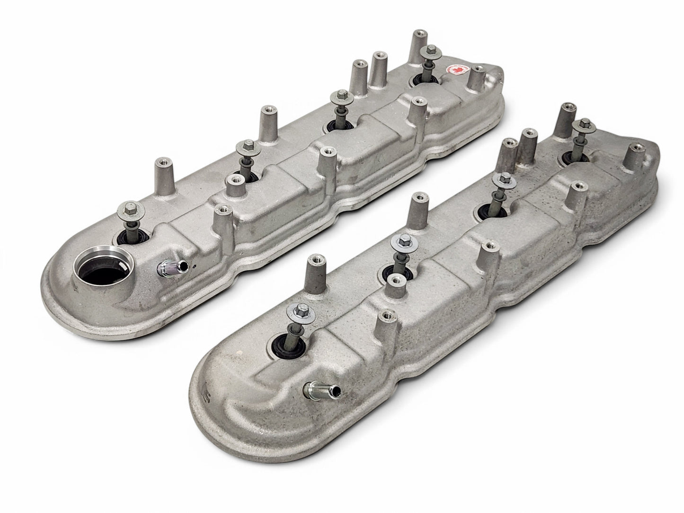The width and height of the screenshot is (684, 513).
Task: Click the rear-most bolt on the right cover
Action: [582, 125]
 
